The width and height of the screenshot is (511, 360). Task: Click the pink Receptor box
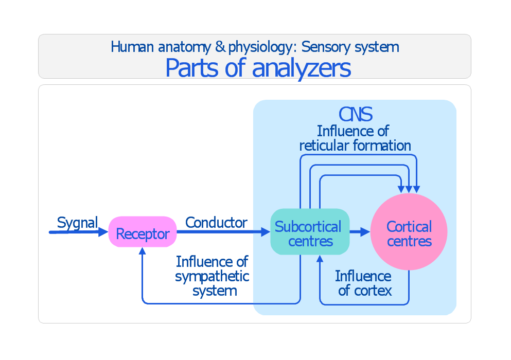pyautogui.click(x=143, y=232)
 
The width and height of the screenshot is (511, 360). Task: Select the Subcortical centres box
pyautogui.click(x=309, y=232)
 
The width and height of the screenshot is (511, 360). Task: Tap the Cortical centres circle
pyautogui.click(x=409, y=232)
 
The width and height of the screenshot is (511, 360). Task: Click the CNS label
pyautogui.click(x=355, y=114)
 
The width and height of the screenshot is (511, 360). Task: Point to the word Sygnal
pyautogui.click(x=77, y=223)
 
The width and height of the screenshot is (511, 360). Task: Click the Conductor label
pyautogui.click(x=216, y=223)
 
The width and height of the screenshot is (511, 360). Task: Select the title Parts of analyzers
pyautogui.click(x=258, y=68)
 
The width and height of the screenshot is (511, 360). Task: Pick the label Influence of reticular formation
pyautogui.click(x=355, y=138)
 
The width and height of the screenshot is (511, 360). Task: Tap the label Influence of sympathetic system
pyautogui.click(x=213, y=276)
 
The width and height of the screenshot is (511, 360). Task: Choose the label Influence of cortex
pyautogui.click(x=364, y=283)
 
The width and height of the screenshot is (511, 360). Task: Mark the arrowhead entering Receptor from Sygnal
pyautogui.click(x=103, y=232)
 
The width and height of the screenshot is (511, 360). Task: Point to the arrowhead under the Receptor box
pyautogui.click(x=143, y=251)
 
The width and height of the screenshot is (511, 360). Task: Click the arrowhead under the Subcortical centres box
pyautogui.click(x=320, y=259)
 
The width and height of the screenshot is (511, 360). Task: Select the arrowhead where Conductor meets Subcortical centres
pyautogui.click(x=266, y=232)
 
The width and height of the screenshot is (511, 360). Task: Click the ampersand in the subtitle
pyautogui.click(x=220, y=47)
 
